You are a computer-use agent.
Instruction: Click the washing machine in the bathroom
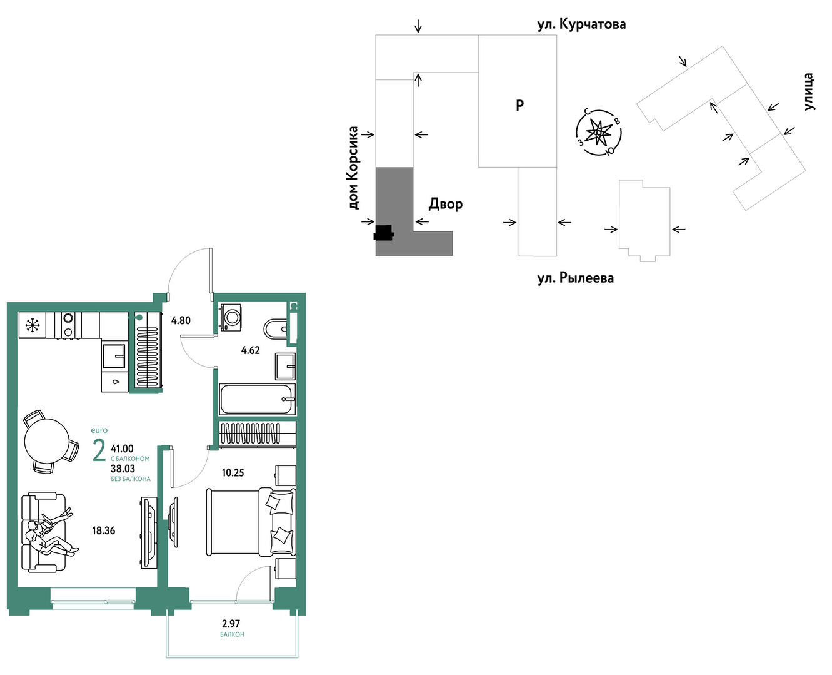tap(231, 317)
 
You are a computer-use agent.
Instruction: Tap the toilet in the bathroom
tap(276, 329)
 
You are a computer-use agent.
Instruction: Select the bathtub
tap(257, 399)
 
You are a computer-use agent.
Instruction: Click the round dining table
tap(46, 441)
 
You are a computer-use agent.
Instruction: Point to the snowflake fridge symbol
tap(33, 325)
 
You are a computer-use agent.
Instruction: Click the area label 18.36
tap(104, 530)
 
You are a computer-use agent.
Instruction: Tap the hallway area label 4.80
tap(181, 320)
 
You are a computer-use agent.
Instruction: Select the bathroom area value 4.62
tap(251, 350)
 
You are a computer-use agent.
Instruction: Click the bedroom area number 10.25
tap(233, 472)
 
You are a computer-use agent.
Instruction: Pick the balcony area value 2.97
tap(231, 624)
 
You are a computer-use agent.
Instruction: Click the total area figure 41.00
tap(122, 449)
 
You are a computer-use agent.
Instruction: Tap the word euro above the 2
tap(99, 430)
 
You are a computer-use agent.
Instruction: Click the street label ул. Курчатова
tap(581, 24)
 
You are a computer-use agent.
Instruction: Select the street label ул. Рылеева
tap(575, 278)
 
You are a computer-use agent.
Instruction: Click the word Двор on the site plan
tap(446, 204)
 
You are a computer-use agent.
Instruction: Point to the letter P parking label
tap(519, 105)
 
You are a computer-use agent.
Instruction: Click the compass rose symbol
tap(599, 133)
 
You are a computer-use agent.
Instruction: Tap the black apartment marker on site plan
tap(384, 233)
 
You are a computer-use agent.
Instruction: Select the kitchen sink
tap(114, 356)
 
